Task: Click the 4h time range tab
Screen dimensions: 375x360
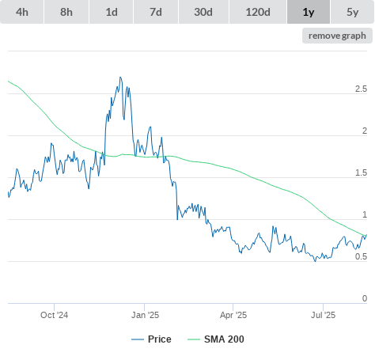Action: pyautogui.click(x=22, y=12)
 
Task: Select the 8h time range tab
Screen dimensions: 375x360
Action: pyautogui.click(x=66, y=12)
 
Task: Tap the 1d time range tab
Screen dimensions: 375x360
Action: pyautogui.click(x=112, y=12)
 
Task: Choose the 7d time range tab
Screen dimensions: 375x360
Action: pyautogui.click(x=156, y=12)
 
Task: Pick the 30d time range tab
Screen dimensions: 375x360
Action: pyautogui.click(x=203, y=12)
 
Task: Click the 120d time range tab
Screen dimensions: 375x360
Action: pyautogui.click(x=258, y=12)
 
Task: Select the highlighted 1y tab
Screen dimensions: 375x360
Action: pyautogui.click(x=309, y=12)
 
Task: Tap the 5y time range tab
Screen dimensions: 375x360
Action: pyautogui.click(x=353, y=12)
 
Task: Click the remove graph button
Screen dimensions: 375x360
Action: pyautogui.click(x=337, y=36)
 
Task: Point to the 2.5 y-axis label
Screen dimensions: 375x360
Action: pyautogui.click(x=361, y=89)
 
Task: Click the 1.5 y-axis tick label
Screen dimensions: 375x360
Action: pyautogui.click(x=361, y=173)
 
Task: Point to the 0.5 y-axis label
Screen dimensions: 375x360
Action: pyautogui.click(x=361, y=256)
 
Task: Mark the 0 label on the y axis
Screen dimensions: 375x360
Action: pyautogui.click(x=365, y=298)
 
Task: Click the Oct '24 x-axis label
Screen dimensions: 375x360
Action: pyautogui.click(x=54, y=315)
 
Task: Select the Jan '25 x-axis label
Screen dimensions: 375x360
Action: pyautogui.click(x=145, y=315)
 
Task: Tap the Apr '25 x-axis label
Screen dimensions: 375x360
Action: pyautogui.click(x=233, y=315)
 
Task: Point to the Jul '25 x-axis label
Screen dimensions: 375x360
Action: pyautogui.click(x=323, y=315)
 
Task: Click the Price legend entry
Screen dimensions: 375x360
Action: pyautogui.click(x=151, y=339)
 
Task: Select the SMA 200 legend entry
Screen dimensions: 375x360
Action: pyautogui.click(x=216, y=339)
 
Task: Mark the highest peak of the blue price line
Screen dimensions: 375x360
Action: pyautogui.click(x=120, y=77)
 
